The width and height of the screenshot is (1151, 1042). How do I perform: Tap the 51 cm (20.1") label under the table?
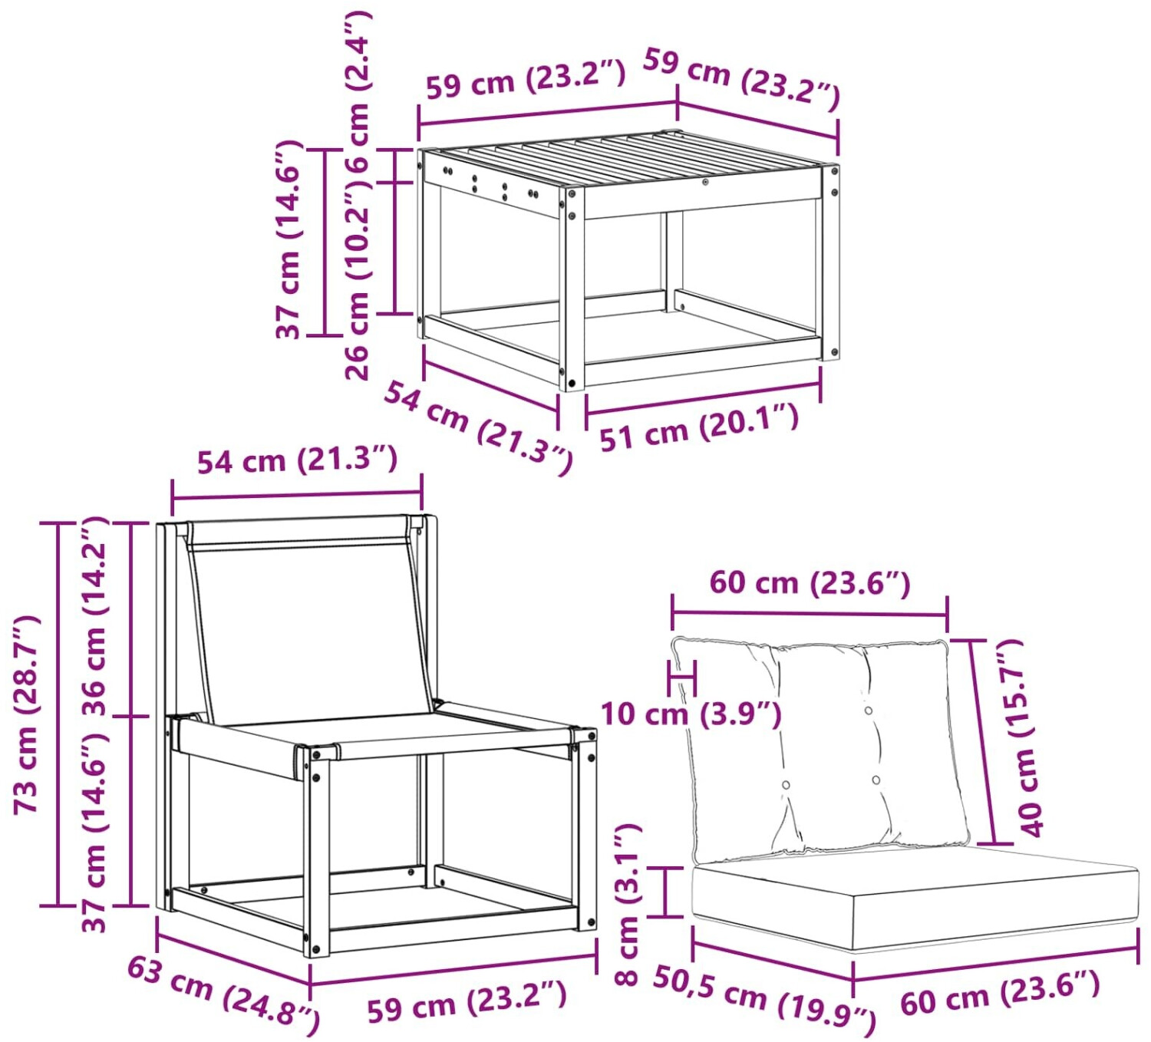699,427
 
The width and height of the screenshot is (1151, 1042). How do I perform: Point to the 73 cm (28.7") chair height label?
26,714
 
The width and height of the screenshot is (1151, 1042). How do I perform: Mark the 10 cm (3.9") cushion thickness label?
691,714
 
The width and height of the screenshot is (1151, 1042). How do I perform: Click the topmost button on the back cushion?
869,711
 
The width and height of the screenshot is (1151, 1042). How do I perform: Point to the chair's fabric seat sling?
379,734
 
